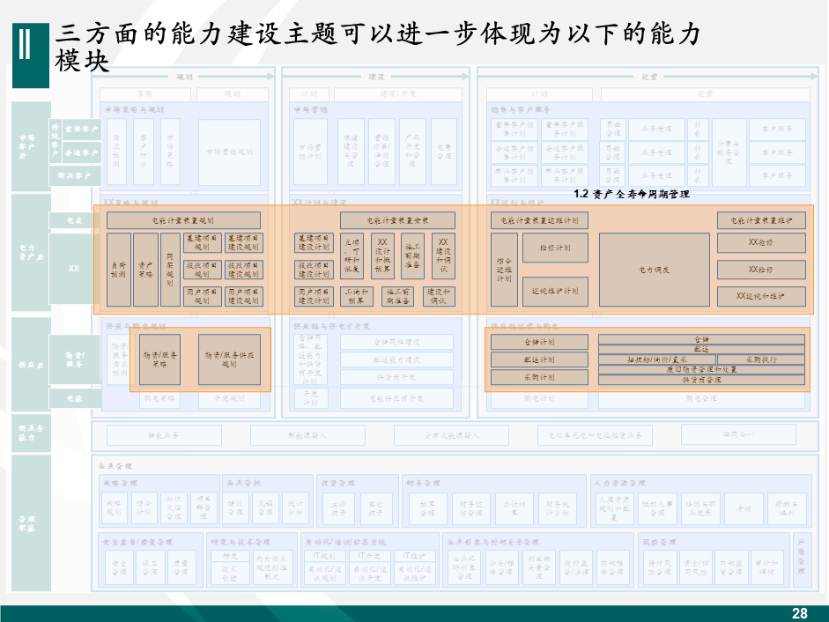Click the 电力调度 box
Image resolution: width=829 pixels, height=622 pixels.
654,270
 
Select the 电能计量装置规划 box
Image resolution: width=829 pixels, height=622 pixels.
183,220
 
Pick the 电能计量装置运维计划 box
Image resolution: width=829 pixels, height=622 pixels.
539,220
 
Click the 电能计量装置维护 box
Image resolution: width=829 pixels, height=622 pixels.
761,220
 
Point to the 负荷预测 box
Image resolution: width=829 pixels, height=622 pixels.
119,270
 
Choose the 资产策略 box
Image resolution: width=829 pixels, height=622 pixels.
145,270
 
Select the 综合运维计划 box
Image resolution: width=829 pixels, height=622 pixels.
504,270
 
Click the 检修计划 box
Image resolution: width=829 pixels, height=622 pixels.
556,248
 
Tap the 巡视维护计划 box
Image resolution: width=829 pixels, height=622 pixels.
556,290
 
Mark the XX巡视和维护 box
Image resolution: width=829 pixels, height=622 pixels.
761,296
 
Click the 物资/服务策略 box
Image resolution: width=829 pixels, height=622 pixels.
159,359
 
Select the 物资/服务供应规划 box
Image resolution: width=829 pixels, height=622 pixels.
228,359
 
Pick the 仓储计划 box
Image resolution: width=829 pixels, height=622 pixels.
539,342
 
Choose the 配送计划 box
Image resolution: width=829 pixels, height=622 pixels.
539,359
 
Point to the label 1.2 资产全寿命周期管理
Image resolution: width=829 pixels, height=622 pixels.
631,194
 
